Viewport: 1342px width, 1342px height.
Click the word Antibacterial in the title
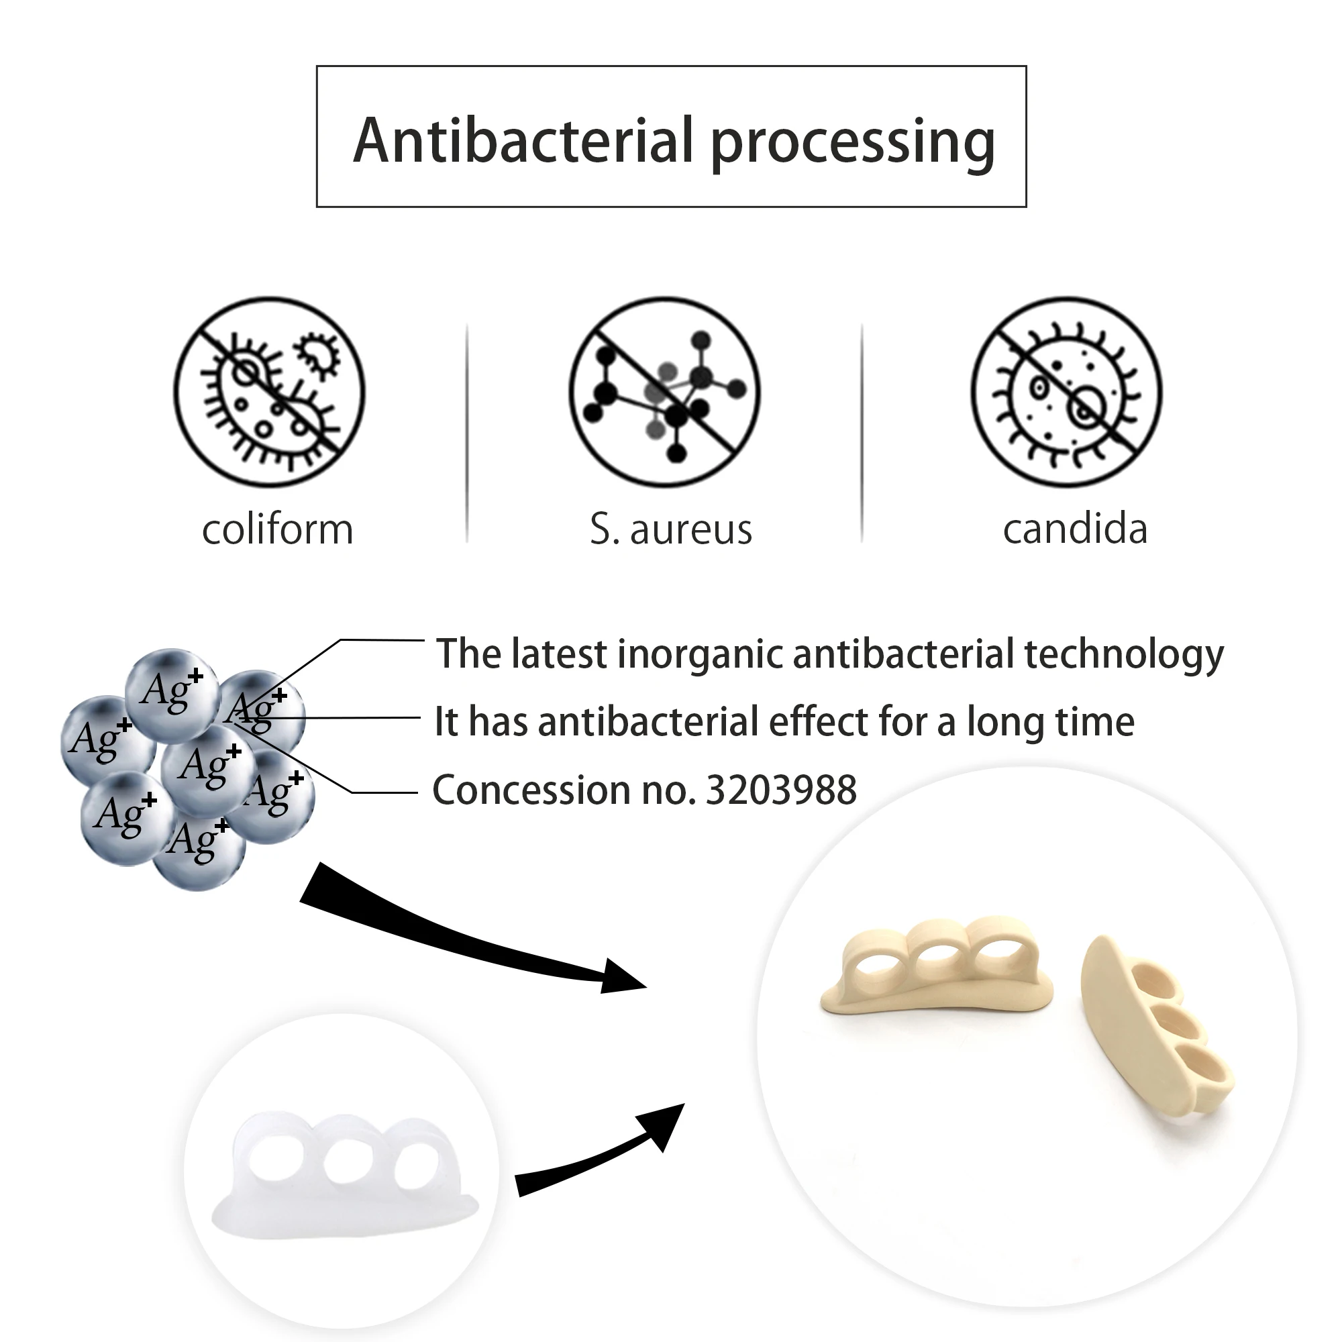pyautogui.click(x=524, y=141)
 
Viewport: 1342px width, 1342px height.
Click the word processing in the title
pyautogui.click(x=853, y=142)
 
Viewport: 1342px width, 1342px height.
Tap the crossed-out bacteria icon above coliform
pyautogui.click(x=270, y=393)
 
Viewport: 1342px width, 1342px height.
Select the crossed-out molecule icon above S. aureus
pyautogui.click(x=665, y=393)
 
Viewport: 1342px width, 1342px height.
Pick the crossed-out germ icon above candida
pyautogui.click(x=1067, y=393)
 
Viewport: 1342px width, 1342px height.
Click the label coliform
pyautogui.click(x=278, y=530)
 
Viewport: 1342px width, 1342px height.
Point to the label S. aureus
pyautogui.click(x=671, y=530)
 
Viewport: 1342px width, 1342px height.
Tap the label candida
pyautogui.click(x=1075, y=530)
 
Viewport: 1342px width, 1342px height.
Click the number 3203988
pyautogui.click(x=782, y=790)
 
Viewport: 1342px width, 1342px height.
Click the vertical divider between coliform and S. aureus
pyautogui.click(x=467, y=432)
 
